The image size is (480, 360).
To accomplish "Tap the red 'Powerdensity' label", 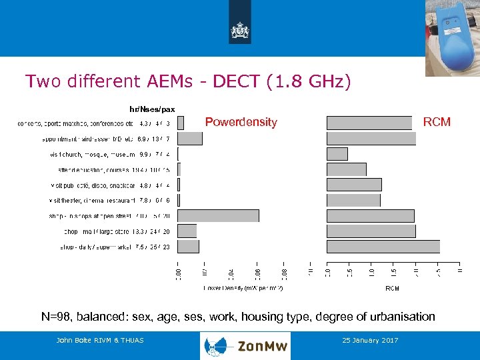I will click(241, 122).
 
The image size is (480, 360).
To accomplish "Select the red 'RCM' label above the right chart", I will click(437, 122).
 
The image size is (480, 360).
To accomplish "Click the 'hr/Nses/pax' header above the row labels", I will click(152, 109).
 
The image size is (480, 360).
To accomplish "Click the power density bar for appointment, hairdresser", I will click(190, 138).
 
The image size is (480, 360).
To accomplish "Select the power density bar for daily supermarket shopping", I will click(189, 247).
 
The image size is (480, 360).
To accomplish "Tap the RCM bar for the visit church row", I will click(337, 154).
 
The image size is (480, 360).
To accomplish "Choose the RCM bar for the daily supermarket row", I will click(383, 247).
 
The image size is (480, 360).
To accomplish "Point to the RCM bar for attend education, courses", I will click(346, 169).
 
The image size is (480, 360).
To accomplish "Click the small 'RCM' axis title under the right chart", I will click(392, 288).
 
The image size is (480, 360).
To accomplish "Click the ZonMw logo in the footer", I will click(245, 345).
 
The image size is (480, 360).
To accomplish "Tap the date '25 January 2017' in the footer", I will click(369, 341).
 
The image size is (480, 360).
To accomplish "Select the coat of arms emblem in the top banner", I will click(239, 31).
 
